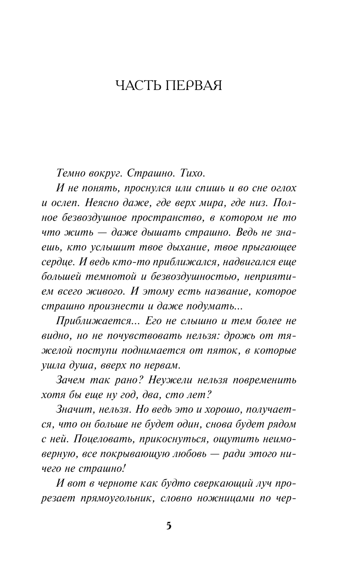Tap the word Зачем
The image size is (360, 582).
pyautogui.click(x=71, y=380)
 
